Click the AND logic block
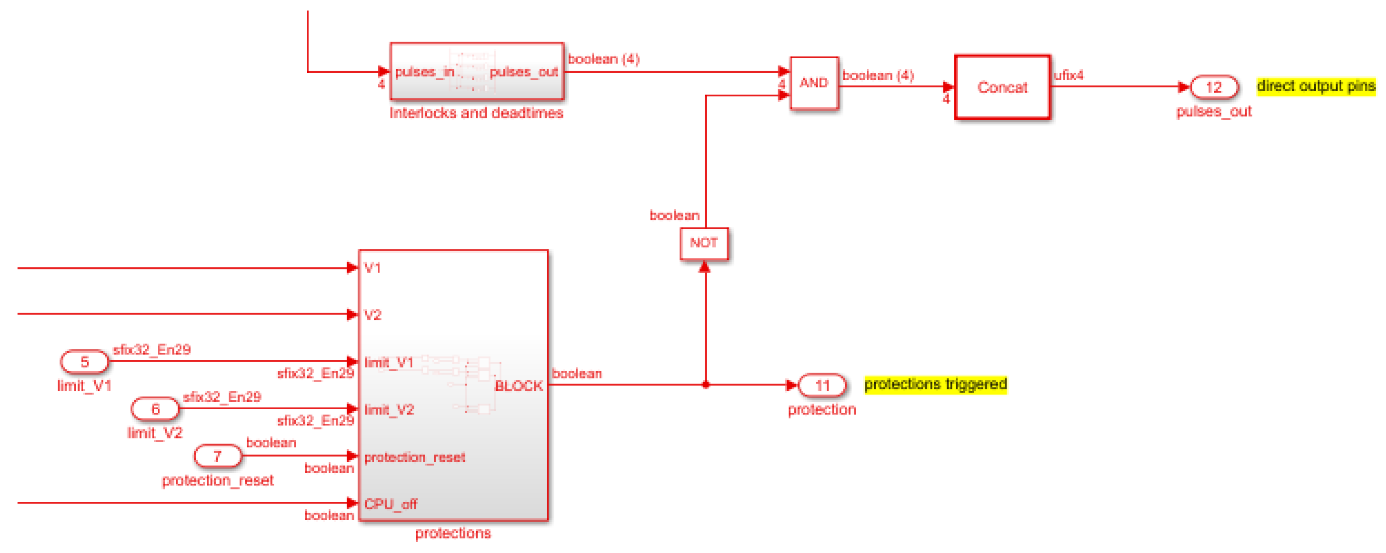[814, 83]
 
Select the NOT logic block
[704, 243]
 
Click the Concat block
[1002, 87]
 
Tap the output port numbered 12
[1213, 87]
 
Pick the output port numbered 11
[822, 385]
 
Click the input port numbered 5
[85, 362]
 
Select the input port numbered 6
[155, 409]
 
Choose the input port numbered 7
[217, 456]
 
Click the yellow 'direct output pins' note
[1315, 86]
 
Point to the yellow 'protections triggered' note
[935, 384]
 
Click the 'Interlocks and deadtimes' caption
[476, 113]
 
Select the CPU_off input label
[390, 504]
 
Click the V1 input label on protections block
[372, 268]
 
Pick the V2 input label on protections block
[373, 315]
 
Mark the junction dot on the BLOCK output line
[705, 385]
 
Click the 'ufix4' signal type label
[1069, 75]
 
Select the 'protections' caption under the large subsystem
[453, 533]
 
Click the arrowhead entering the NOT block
[704, 267]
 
